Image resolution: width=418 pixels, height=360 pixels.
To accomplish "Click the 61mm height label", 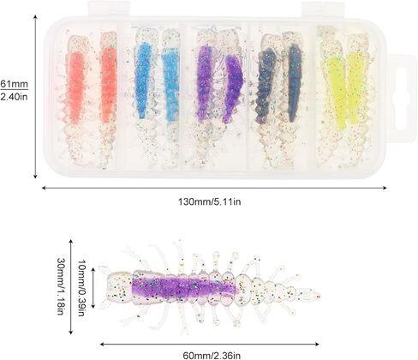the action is coord(15,84).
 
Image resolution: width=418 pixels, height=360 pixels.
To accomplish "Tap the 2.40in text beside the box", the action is coord(15,97).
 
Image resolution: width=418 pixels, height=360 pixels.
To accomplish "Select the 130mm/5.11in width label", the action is coord(210,201).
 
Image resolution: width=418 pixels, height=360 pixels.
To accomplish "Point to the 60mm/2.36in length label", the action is coord(212,356).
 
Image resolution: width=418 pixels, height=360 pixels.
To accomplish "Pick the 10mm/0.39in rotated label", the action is coord(81,288).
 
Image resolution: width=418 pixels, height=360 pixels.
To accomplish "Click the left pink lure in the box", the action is coord(75,100).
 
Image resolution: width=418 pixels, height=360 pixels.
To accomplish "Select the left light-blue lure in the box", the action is coord(144,97).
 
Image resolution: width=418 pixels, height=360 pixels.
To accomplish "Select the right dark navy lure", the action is coord(293,97).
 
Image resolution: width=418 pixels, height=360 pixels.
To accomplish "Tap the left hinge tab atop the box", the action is coord(109,9).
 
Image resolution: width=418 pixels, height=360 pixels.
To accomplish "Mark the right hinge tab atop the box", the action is coord(323,9).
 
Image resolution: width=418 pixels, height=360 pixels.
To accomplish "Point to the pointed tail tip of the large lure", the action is coord(319,295).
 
